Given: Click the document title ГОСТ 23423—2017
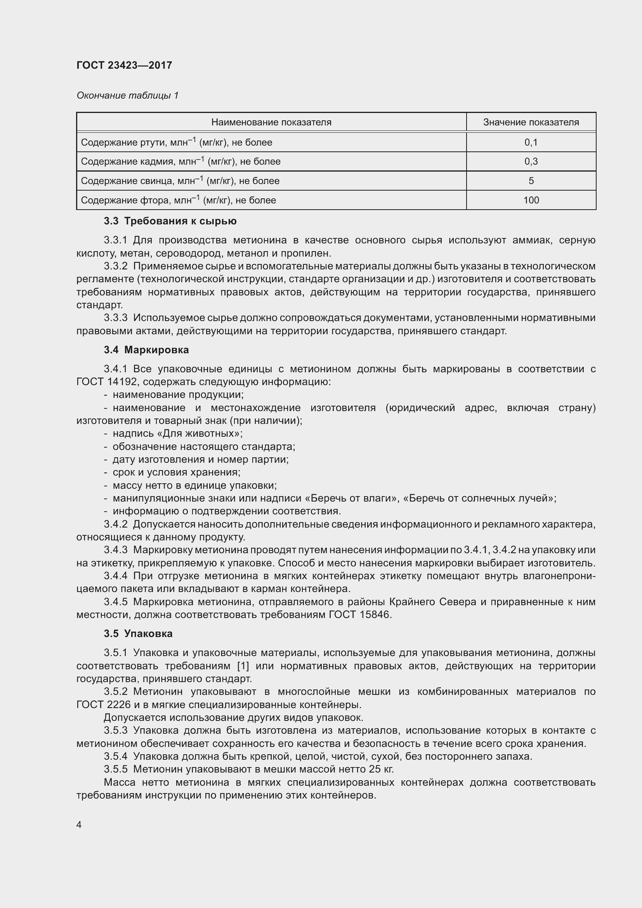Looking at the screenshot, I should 124,65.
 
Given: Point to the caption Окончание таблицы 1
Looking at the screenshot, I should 127,95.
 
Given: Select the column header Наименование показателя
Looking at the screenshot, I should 271,122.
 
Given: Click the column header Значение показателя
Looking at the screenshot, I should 531,122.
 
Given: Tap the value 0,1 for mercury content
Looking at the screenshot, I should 531,142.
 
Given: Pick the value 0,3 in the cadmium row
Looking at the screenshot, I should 531,161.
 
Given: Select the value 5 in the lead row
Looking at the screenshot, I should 531,181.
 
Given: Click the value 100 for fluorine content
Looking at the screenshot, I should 531,200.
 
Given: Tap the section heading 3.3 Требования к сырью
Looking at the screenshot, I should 170,221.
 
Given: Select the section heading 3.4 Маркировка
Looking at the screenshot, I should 146,350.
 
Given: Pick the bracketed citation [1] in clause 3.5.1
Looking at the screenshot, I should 243,666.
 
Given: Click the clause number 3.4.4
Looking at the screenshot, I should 115,576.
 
